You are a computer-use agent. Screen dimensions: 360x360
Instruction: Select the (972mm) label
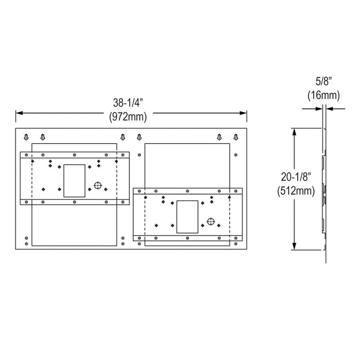(128, 117)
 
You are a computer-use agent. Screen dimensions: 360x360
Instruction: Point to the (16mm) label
(323, 96)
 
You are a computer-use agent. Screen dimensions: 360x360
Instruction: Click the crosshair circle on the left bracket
(98, 185)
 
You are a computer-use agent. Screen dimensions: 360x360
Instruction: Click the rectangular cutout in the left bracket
(74, 180)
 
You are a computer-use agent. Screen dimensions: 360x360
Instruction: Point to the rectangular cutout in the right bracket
(187, 217)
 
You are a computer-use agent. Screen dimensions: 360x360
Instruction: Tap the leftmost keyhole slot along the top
(26, 137)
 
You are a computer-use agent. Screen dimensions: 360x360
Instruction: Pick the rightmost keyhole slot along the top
(236, 137)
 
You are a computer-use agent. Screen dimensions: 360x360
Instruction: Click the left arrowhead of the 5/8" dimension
(320, 108)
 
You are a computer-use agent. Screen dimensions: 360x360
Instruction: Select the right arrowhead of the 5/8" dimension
(329, 108)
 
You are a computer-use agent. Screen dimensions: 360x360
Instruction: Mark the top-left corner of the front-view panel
(16, 128)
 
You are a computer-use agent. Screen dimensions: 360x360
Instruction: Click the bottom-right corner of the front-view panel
(246, 250)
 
